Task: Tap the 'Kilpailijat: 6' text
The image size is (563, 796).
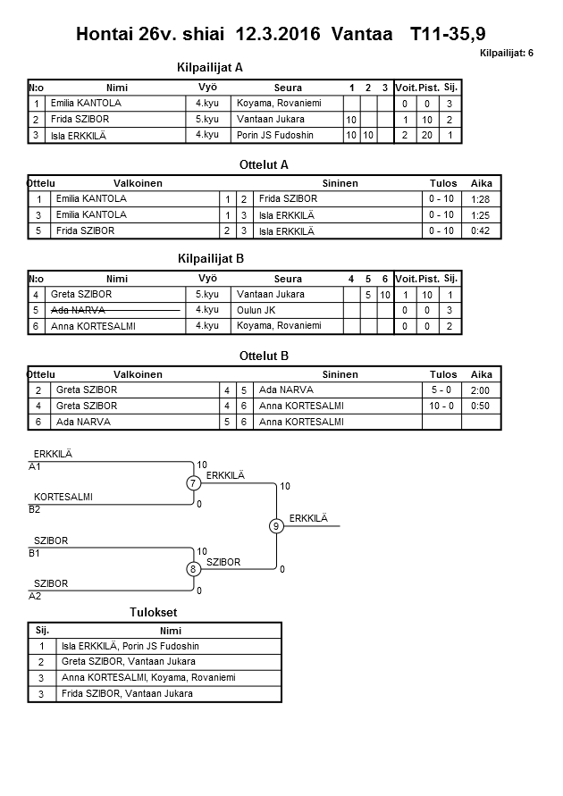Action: coord(506,54)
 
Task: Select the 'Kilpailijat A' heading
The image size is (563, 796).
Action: coord(211,67)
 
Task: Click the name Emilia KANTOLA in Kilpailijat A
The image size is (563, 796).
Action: coord(86,104)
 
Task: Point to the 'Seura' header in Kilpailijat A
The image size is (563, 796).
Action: coord(288,88)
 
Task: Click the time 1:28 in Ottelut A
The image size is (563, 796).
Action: coord(481,199)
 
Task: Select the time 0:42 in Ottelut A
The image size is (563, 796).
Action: coord(481,231)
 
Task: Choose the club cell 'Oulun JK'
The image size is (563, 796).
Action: coord(256,310)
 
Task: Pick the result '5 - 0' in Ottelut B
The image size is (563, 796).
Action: coord(442,390)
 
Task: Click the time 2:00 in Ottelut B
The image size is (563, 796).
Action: coord(481,390)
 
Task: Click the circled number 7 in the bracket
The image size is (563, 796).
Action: coord(193,483)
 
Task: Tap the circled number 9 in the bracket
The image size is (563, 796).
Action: coord(277,526)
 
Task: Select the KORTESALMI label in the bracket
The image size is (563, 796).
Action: coord(63,497)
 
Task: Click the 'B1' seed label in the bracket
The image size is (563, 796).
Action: coord(35,553)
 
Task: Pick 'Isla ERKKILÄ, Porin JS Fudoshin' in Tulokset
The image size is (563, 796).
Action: coord(130,646)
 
